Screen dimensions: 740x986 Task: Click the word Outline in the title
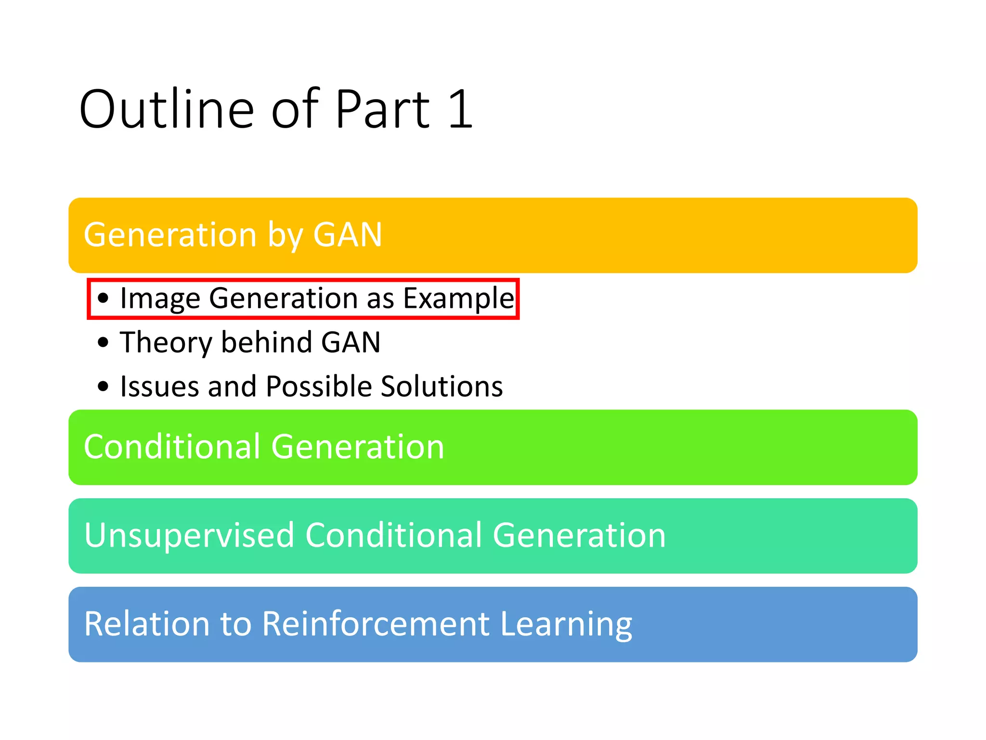tap(167, 110)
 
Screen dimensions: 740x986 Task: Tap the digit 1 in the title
tap(461, 110)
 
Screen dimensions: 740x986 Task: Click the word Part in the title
tap(382, 110)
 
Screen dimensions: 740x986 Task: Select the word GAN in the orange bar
tap(348, 235)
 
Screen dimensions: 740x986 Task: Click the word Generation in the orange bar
tap(170, 235)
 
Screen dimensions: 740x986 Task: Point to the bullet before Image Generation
tap(103, 298)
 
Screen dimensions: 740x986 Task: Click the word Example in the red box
tap(458, 298)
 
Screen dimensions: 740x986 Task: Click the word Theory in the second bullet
tap(166, 343)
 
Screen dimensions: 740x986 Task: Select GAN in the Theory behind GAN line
tap(350, 343)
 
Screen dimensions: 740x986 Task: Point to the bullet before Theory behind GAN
tap(103, 343)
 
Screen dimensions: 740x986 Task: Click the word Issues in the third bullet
tap(159, 386)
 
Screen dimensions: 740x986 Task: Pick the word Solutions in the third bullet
tap(441, 386)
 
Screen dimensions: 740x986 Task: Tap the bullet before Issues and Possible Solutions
tap(103, 386)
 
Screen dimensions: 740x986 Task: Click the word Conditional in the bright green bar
tap(172, 447)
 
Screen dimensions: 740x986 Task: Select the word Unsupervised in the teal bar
tap(189, 535)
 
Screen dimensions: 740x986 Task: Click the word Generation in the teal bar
tap(579, 535)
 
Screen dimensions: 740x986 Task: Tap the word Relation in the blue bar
tap(147, 624)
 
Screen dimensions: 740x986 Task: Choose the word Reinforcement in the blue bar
tap(376, 624)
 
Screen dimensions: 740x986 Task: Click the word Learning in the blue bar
tap(566, 624)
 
